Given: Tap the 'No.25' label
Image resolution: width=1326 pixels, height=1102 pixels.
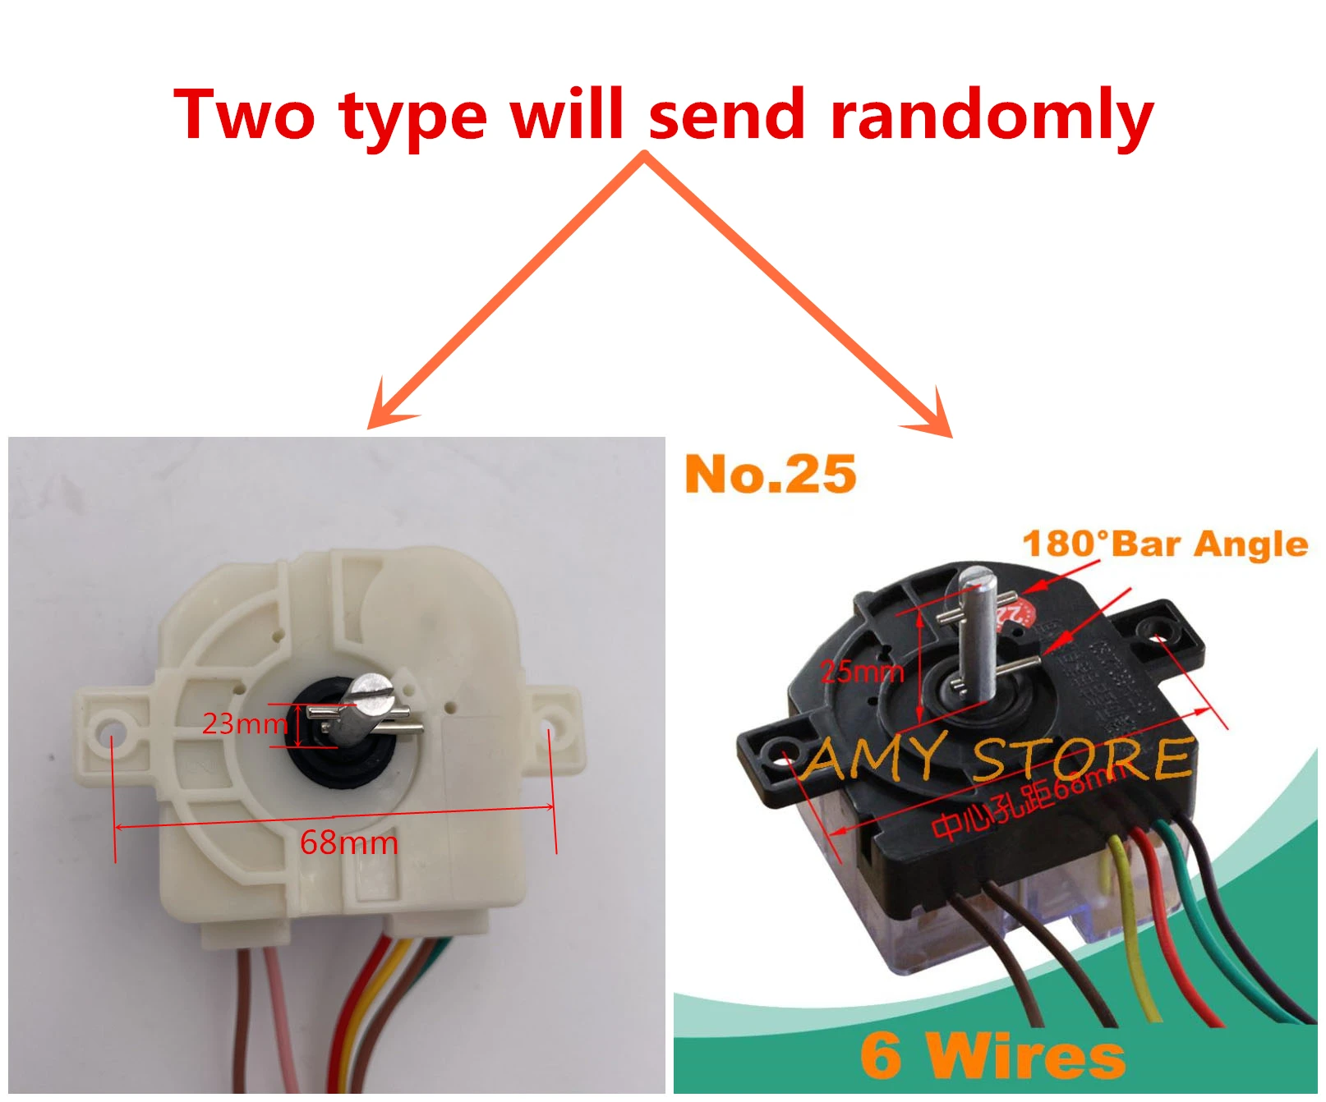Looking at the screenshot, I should pos(770,475).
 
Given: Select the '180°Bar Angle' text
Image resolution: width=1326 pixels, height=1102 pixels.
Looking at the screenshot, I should pos(1164,544).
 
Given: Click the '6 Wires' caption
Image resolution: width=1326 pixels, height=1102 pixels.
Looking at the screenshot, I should pos(992,1055).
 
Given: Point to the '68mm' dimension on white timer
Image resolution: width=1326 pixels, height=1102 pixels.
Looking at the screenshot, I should pos(348,843).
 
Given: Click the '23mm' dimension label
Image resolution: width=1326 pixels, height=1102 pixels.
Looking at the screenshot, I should pos(244,723).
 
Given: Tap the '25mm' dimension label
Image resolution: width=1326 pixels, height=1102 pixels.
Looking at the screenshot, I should pos(862,672).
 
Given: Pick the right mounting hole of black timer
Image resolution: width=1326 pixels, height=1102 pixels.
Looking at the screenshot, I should pos(1157,630).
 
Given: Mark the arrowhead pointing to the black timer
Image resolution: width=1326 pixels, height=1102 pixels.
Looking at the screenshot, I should pos(937,419).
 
